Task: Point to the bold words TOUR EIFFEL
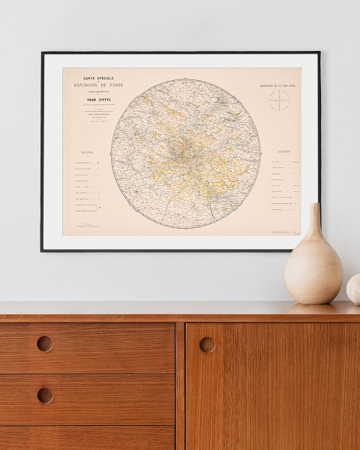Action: click(96, 103)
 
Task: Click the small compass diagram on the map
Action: click(279, 101)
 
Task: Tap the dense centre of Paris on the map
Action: click(181, 150)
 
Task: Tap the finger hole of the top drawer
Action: click(45, 343)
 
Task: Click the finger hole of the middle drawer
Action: click(45, 395)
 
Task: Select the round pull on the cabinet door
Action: click(207, 344)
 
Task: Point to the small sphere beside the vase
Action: click(354, 289)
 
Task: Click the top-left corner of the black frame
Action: click(42, 53)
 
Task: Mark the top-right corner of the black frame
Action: click(319, 53)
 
